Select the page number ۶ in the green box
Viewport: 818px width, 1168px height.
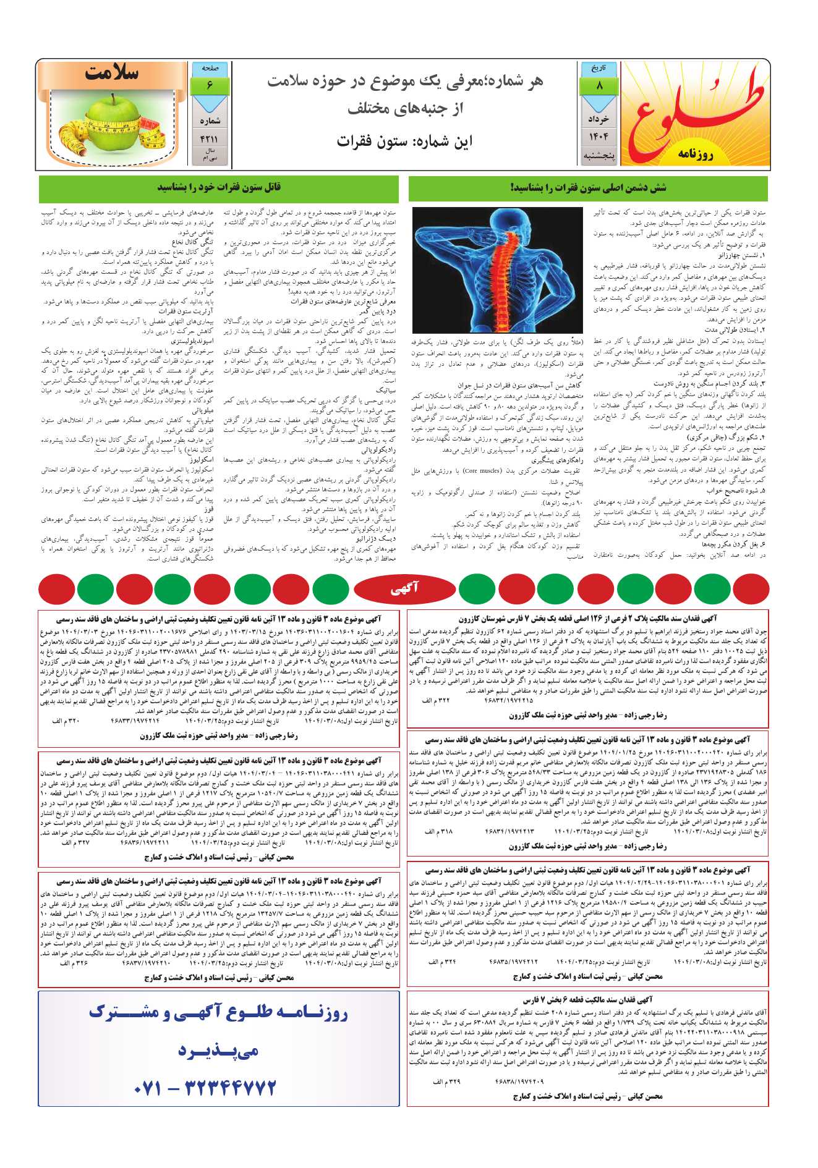tap(210, 85)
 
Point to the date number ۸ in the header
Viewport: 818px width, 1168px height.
tap(599, 86)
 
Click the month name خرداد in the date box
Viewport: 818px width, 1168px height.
tap(599, 118)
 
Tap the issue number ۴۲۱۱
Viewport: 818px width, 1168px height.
tap(210, 140)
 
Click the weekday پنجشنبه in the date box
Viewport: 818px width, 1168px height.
tap(599, 156)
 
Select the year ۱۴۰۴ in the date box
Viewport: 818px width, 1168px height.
tap(599, 137)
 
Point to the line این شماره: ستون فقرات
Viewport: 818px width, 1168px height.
tap(404, 141)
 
